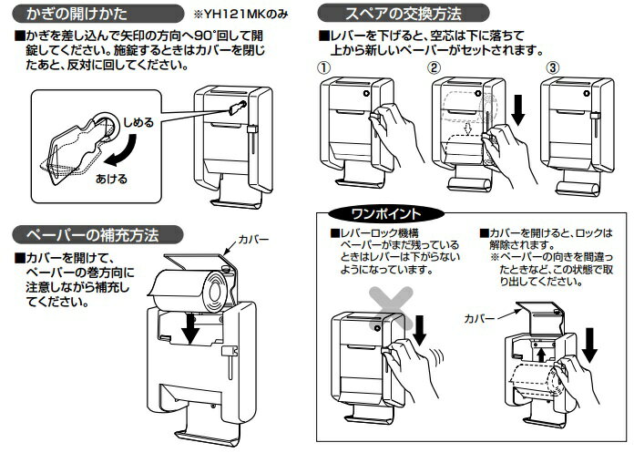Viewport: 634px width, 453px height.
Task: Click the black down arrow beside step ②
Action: [518, 108]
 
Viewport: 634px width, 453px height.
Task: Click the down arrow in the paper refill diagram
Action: [189, 330]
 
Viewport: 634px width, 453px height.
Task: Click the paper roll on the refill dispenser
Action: [187, 288]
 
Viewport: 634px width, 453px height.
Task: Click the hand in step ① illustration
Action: [390, 118]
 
